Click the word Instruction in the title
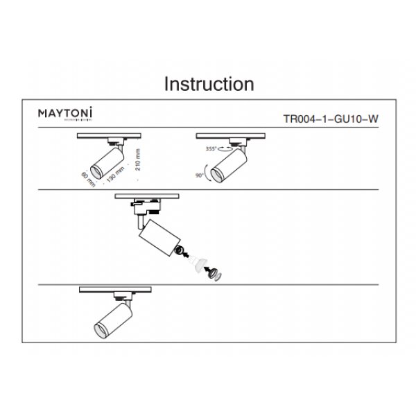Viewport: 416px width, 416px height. tap(208, 84)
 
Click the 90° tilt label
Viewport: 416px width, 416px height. tap(200, 176)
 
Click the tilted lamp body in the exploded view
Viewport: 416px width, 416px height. tap(157, 239)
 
